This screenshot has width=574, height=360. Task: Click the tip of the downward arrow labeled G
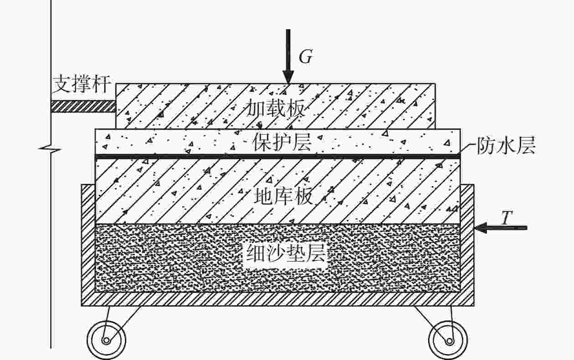tap(288, 83)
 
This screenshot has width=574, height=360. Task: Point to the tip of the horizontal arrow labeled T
tap(475, 228)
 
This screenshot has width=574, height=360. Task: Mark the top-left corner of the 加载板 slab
tap(116, 83)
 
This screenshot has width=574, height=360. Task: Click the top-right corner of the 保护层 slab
tap(460, 129)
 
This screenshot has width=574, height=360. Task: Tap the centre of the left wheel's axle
tap(106, 340)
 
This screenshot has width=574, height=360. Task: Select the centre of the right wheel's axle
tap(449, 341)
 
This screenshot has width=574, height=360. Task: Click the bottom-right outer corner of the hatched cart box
tap(474, 306)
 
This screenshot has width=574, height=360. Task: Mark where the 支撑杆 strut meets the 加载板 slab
tap(116, 106)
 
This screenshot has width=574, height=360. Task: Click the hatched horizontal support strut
tap(83, 106)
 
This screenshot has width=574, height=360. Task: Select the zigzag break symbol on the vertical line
tap(51, 149)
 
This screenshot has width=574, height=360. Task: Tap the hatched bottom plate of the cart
tap(278, 299)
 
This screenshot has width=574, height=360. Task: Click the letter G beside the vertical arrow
tap(306, 57)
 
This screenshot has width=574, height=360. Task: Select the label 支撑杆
tap(82, 83)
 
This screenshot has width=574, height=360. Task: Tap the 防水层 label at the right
tap(506, 145)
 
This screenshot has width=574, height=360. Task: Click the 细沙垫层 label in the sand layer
tap(285, 253)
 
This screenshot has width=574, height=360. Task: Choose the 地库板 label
tap(284, 196)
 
